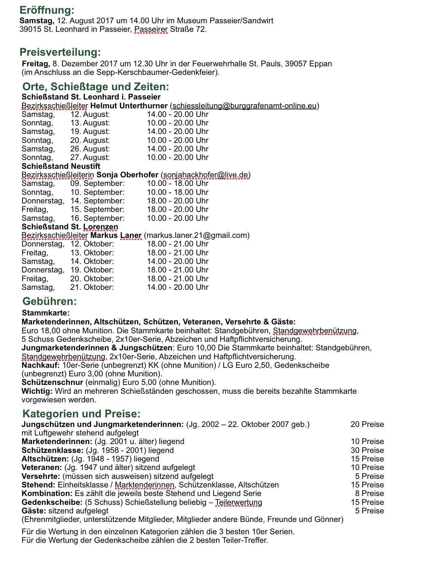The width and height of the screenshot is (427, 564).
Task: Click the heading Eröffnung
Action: (x=47, y=10)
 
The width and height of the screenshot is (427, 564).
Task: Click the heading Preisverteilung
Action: (x=60, y=52)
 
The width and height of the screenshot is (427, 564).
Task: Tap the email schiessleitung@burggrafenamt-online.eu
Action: (x=244, y=106)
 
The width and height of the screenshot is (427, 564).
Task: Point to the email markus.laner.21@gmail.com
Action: (x=197, y=235)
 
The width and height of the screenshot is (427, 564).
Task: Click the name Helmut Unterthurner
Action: (x=129, y=106)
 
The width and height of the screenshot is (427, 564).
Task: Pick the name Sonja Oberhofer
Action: (x=127, y=175)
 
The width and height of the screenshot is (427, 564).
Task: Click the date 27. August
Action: (x=90, y=158)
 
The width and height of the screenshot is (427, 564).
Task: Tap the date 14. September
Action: (x=97, y=201)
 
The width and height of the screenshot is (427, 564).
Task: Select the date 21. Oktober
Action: (x=92, y=287)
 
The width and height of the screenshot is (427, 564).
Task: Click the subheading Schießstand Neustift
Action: (x=61, y=166)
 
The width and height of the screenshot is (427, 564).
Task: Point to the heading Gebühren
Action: (x=49, y=301)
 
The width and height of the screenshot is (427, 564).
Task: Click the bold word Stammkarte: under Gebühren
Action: (x=45, y=313)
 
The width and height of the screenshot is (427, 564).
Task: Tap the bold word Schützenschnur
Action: (x=52, y=382)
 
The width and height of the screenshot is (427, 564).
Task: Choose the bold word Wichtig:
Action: (x=37, y=391)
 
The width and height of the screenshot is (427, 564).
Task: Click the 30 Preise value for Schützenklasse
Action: (x=367, y=451)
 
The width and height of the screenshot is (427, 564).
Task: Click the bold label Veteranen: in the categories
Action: (x=41, y=468)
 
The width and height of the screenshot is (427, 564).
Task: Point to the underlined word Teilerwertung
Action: (x=238, y=502)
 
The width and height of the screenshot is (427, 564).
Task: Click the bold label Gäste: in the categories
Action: (x=34, y=511)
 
